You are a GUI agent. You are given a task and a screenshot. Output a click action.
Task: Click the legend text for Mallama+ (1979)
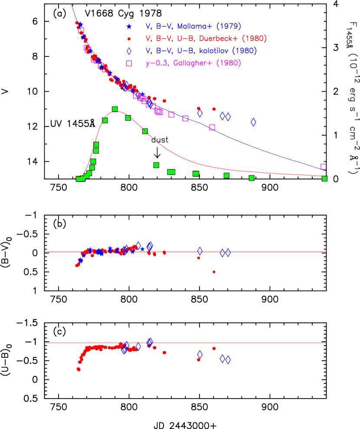pyautogui.click(x=193, y=26)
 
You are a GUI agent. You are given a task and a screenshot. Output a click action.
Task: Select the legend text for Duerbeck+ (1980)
pyautogui.click(x=206, y=39)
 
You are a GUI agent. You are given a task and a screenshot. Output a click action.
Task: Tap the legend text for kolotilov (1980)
pyautogui.click(x=201, y=51)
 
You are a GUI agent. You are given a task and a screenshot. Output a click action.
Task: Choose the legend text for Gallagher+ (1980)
pyautogui.click(x=193, y=63)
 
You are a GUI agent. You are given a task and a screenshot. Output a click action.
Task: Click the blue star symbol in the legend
pyautogui.click(x=129, y=26)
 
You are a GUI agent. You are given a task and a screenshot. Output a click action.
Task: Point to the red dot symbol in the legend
pyautogui.click(x=129, y=39)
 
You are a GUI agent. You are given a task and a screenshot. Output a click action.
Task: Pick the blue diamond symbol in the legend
pyautogui.click(x=129, y=51)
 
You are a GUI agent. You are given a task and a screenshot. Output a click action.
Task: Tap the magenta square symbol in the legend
pyautogui.click(x=129, y=63)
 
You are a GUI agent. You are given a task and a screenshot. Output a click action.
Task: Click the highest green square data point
pyautogui.click(x=115, y=109)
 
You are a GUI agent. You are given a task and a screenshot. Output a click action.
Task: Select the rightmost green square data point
pyautogui.click(x=324, y=178)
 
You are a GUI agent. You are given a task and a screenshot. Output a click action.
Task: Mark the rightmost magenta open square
pyautogui.click(x=324, y=167)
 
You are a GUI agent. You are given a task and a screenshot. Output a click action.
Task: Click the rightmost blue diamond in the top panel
pyautogui.click(x=253, y=122)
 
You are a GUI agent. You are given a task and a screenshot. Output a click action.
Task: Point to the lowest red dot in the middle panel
pyautogui.click(x=214, y=272)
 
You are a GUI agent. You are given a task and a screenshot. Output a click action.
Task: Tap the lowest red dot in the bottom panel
pyautogui.click(x=79, y=369)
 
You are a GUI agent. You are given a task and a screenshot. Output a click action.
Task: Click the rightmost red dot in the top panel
pyautogui.click(x=214, y=109)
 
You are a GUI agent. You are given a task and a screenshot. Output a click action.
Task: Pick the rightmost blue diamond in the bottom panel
pyautogui.click(x=228, y=360)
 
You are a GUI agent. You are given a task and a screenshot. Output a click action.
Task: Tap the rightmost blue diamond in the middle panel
pyautogui.click(x=228, y=252)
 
